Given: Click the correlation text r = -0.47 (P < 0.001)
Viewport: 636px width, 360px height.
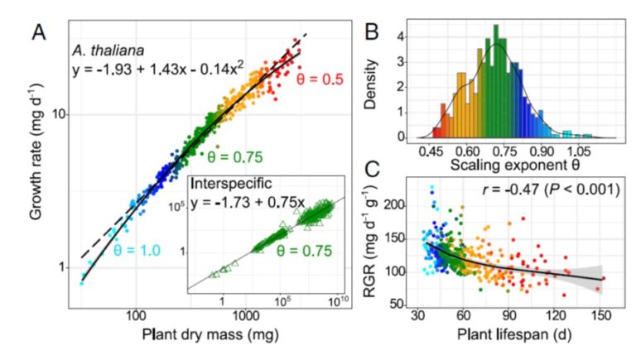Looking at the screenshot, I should tap(550, 190).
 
